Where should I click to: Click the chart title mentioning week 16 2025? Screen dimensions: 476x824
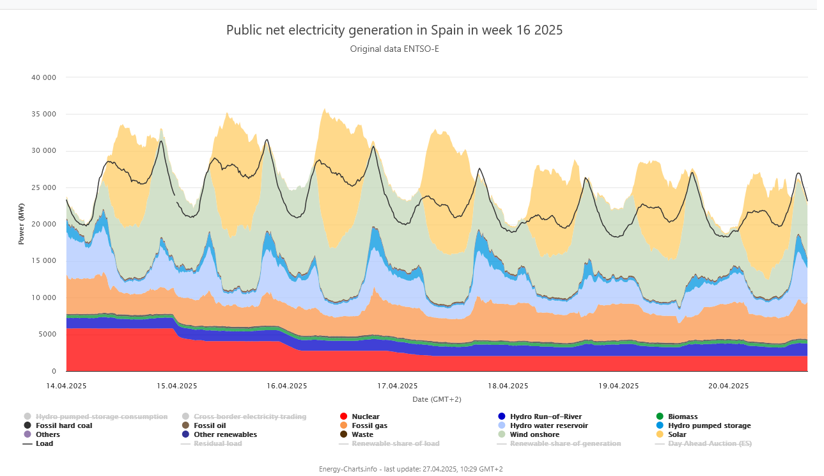click(x=394, y=30)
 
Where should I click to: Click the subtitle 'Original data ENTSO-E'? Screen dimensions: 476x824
click(x=394, y=49)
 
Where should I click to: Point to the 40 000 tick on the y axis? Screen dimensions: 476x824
click(x=44, y=77)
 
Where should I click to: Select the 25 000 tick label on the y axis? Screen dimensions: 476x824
click(x=44, y=187)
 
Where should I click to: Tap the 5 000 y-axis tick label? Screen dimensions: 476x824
click(x=47, y=335)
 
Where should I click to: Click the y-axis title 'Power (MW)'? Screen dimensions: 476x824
click(x=21, y=224)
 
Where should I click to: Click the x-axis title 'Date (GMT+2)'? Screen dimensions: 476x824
click(x=437, y=399)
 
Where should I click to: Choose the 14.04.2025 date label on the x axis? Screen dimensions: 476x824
click(x=66, y=386)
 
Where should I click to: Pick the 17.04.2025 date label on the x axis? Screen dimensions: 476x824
click(x=397, y=386)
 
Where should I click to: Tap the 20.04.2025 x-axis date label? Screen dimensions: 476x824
click(x=728, y=386)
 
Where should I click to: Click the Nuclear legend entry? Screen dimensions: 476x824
click(x=365, y=416)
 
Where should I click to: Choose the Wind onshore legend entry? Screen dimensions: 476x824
click(x=534, y=434)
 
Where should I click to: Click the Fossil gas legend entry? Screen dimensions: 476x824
click(x=369, y=425)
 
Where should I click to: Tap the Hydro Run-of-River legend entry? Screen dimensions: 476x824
click(x=545, y=416)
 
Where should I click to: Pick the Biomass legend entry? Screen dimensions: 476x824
click(x=682, y=416)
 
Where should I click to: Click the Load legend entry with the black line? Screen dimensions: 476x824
click(x=44, y=443)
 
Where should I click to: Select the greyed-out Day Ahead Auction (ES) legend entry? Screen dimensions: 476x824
click(x=710, y=443)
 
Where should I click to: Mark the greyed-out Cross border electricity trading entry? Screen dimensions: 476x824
click(x=249, y=416)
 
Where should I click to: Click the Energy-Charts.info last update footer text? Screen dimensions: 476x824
click(x=411, y=469)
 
